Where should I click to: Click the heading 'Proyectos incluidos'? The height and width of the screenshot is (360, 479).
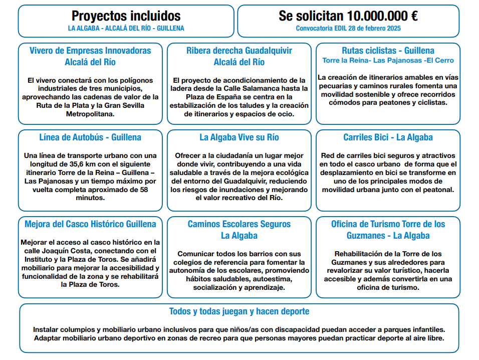tap(126, 16)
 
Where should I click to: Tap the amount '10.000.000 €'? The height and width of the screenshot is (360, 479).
tap(383, 16)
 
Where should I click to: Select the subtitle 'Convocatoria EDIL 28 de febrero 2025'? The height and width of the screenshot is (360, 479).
tap(348, 29)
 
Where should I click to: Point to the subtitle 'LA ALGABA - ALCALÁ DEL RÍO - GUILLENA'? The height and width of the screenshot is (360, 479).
tap(126, 29)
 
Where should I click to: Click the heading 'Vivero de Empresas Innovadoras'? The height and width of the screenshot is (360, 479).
tap(90, 51)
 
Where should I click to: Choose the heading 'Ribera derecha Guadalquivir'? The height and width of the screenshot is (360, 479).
tap(239, 51)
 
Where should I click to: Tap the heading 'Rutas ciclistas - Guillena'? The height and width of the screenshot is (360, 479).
tap(388, 51)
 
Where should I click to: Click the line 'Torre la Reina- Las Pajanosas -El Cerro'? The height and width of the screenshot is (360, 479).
tap(388, 61)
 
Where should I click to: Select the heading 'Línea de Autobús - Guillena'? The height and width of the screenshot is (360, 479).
tap(90, 137)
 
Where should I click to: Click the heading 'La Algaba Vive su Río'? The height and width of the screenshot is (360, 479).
tap(239, 137)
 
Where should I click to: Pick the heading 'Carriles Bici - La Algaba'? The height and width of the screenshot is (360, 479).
tap(388, 137)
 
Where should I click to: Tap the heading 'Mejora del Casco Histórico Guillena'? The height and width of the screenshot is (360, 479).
tap(90, 224)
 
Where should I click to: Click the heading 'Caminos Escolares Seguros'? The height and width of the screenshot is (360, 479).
tap(239, 224)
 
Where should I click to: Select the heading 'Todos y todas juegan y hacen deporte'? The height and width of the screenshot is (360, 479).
tap(239, 311)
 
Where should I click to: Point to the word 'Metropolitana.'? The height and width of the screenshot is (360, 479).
tap(90, 114)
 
